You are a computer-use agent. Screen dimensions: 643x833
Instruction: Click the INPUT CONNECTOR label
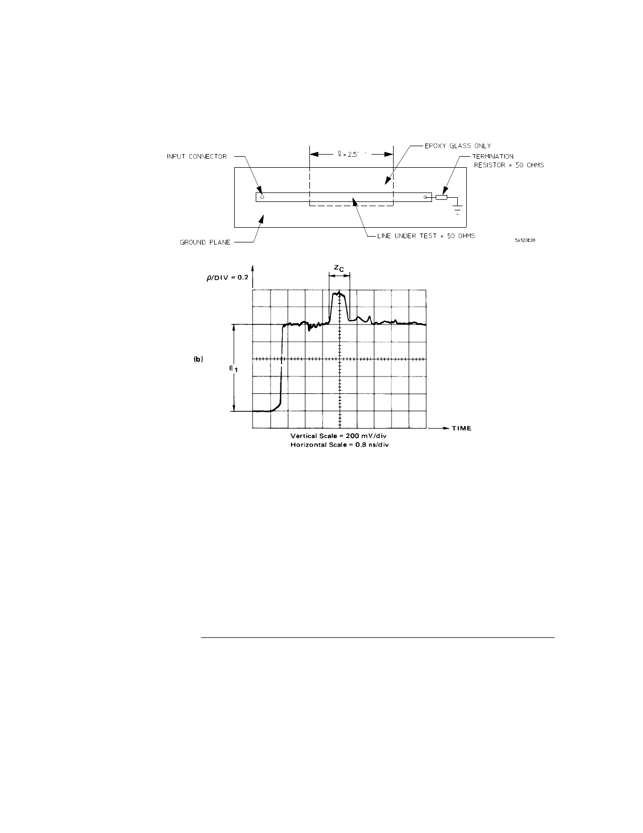(197, 156)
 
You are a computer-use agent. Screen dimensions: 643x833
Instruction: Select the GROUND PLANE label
(205, 242)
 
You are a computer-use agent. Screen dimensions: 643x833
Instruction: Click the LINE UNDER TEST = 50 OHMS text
(426, 236)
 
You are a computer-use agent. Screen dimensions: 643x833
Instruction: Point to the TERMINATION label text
(493, 156)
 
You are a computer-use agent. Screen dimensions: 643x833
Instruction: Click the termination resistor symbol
(441, 197)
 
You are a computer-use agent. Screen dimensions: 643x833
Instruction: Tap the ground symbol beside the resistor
(458, 208)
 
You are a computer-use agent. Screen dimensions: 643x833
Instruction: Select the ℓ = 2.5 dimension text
(351, 155)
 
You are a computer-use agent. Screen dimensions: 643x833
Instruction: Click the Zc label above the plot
(339, 268)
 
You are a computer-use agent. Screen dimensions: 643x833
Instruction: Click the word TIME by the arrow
(461, 429)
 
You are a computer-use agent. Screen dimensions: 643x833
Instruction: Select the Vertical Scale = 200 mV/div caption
(340, 436)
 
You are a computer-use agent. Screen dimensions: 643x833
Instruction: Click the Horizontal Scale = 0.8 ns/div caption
(340, 445)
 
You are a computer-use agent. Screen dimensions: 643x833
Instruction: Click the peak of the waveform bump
(340, 293)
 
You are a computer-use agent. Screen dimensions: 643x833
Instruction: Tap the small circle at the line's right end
(426, 197)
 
